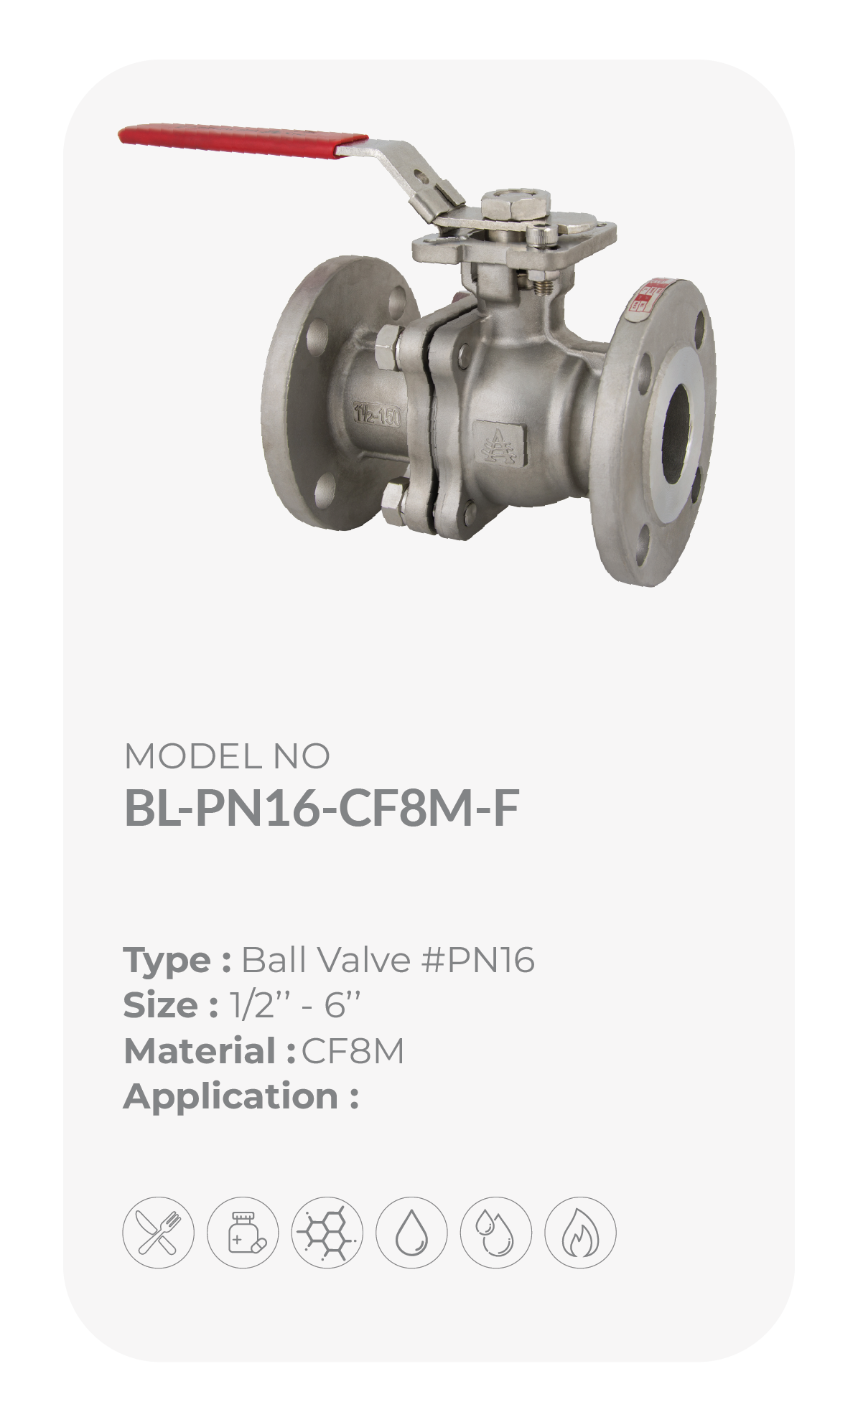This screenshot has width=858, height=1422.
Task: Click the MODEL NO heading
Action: pyautogui.click(x=227, y=755)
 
